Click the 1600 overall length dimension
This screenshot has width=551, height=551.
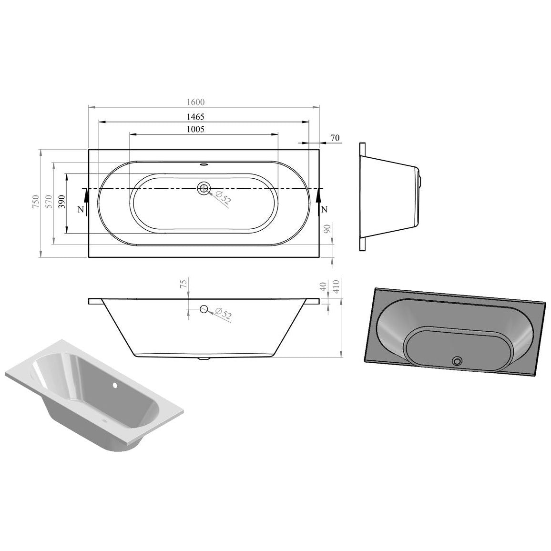coord(195,102)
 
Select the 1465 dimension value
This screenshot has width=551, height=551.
coord(195,116)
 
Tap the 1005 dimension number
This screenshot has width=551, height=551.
coord(195,129)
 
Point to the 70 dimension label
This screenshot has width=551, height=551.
coord(335,138)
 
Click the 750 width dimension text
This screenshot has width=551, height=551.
coord(35,202)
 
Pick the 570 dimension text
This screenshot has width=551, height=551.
coord(49,202)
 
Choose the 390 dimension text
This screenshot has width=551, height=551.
coord(62,202)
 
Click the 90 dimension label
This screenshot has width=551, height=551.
coord(327,229)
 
